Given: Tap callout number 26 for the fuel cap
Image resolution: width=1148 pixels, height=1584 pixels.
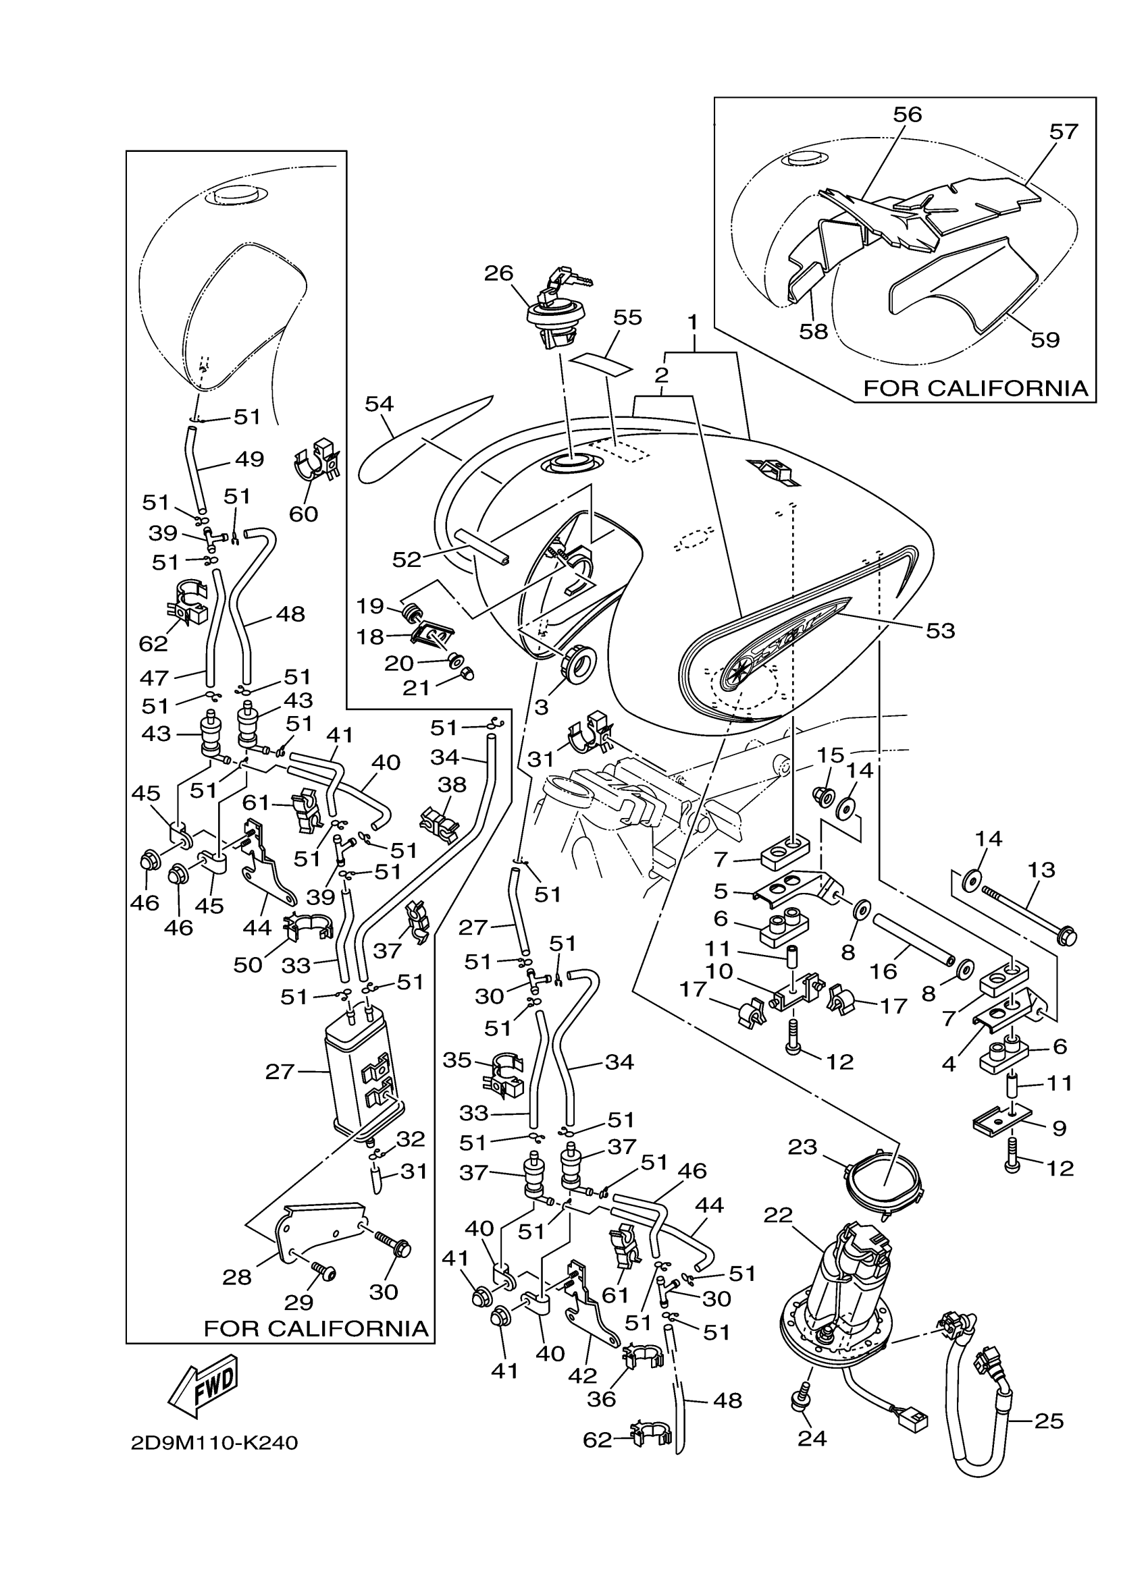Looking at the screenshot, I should click(499, 273).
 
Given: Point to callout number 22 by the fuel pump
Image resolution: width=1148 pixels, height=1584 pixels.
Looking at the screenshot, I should click(779, 1215).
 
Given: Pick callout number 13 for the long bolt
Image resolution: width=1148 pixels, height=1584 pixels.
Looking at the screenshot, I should click(1041, 869).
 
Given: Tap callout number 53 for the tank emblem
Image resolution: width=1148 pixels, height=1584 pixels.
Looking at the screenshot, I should click(940, 630).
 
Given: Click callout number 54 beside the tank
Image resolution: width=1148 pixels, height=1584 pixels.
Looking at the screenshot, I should click(380, 404).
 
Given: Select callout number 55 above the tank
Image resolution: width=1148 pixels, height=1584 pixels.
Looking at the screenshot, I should click(627, 318).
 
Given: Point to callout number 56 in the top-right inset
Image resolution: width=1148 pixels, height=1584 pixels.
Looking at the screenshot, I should click(908, 114).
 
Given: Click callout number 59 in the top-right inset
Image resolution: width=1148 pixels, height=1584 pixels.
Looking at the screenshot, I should click(1045, 339).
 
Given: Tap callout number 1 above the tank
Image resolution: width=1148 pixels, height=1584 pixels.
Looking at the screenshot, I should click(692, 322).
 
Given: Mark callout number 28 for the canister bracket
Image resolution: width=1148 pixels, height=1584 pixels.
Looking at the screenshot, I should click(237, 1278).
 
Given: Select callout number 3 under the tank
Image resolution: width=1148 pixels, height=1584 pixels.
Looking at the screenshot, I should click(542, 707).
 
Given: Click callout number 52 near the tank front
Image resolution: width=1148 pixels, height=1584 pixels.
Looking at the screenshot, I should click(407, 559).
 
